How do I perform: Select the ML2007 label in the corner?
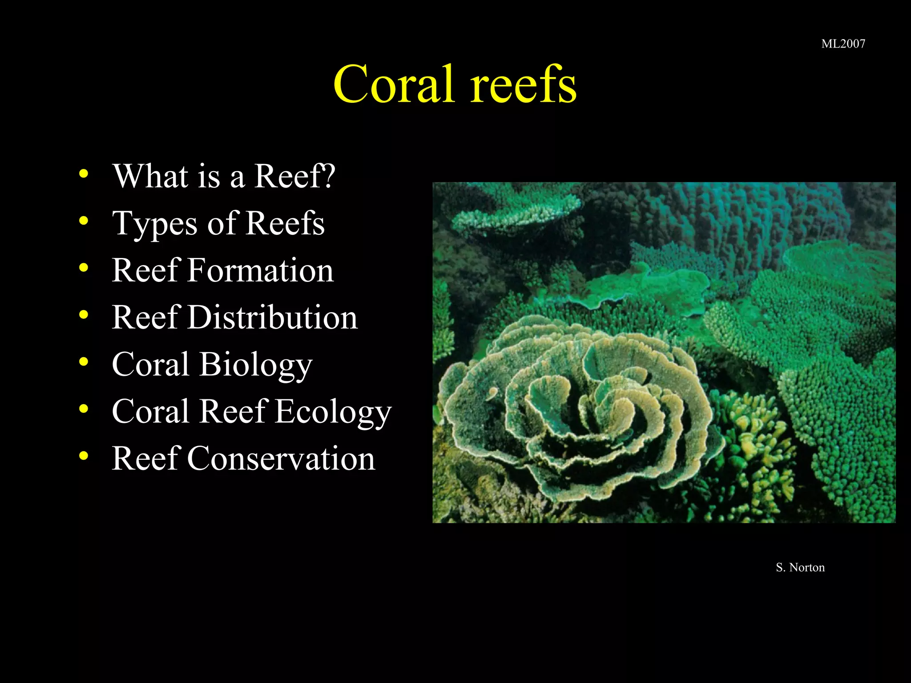click(843, 44)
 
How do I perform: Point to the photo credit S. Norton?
click(800, 567)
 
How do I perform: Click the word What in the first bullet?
click(150, 176)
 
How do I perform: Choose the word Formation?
click(260, 270)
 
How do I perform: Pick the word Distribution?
click(272, 317)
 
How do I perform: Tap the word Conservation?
click(281, 458)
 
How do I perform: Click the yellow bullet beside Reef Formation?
click(84, 268)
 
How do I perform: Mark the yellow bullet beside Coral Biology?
click(84, 362)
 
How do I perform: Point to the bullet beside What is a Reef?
click(84, 173)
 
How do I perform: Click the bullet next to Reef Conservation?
click(84, 456)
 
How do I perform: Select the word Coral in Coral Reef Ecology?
click(150, 412)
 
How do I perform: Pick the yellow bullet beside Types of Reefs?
click(84, 221)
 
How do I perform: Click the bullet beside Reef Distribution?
click(84, 315)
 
